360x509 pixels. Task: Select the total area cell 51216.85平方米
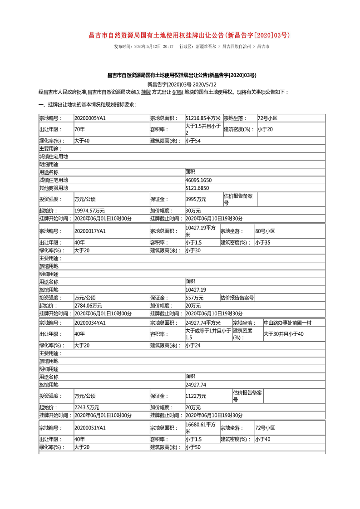pos(203,118)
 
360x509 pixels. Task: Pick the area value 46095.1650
pos(199,180)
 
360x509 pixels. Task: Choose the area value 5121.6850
pos(197,188)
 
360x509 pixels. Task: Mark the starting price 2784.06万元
pos(88,306)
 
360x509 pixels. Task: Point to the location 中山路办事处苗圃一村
pos(288,323)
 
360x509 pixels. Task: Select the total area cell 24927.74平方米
pos(203,323)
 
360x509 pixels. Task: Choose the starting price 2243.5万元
pos(87,407)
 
